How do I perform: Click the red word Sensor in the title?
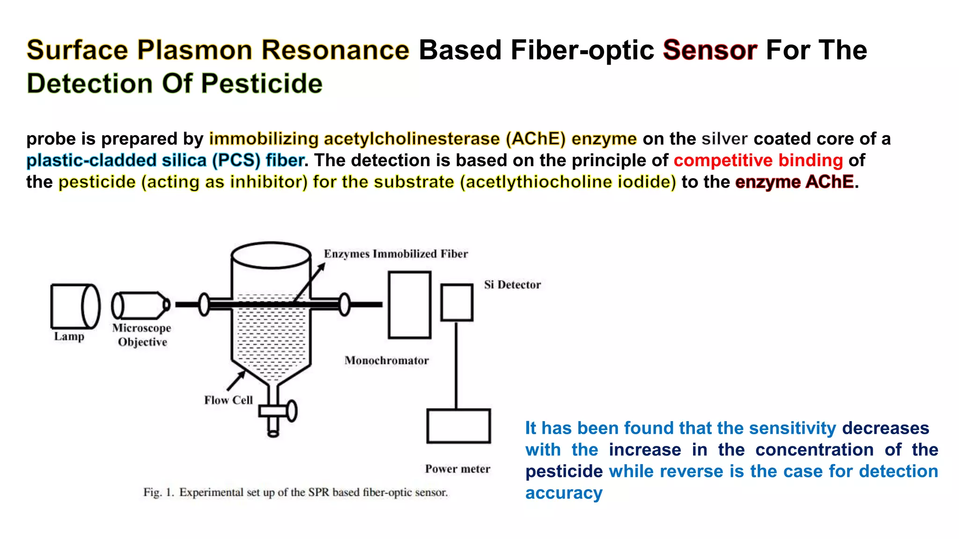[709, 50]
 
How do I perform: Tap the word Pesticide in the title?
[262, 84]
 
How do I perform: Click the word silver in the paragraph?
[724, 139]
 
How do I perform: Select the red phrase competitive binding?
[758, 160]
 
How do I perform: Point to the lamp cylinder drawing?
[75, 306]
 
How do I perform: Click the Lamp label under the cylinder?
[69, 336]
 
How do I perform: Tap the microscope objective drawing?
[140, 306]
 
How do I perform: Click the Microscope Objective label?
[142, 335]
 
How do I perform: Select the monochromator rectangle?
[409, 305]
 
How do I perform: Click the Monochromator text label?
[386, 361]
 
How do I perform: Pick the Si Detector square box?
[457, 303]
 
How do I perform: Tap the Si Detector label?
[512, 285]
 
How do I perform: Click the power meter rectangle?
[458, 426]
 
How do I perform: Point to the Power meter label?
[457, 469]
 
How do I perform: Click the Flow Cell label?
[228, 401]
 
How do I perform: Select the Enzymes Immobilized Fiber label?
[396, 254]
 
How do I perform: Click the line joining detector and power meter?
[457, 365]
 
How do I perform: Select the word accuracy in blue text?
[564, 493]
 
